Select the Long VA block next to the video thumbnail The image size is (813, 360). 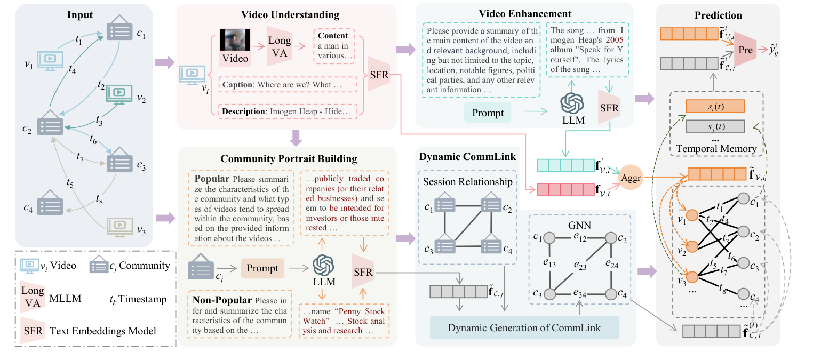pyautogui.click(x=280, y=44)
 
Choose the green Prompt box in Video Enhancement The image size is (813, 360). pyautogui.click(x=488, y=113)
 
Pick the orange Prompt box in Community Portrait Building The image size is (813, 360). pyautogui.click(x=262, y=268)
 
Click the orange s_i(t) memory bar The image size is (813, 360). pyautogui.click(x=714, y=106)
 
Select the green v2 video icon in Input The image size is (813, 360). pyautogui.click(x=121, y=93)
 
